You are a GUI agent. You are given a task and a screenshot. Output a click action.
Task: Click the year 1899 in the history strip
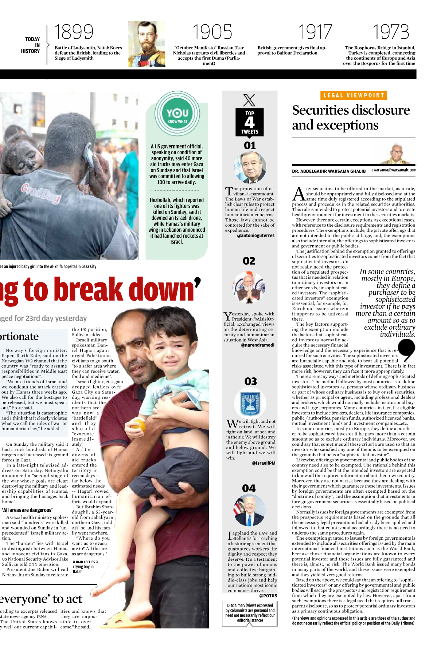pos(74,32)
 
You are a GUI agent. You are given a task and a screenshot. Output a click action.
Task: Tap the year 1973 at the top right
pos(391,32)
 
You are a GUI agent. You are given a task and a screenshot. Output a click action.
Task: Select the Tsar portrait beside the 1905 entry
pos(147,44)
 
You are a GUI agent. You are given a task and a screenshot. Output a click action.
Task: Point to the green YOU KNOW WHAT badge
pos(177,114)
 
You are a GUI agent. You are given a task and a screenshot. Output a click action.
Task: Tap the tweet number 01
pos(250,146)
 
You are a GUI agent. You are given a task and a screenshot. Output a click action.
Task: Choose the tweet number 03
pos(250,381)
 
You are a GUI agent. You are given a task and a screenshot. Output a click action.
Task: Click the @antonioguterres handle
pos(255,236)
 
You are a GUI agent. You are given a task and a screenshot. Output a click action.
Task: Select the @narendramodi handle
pos(257,345)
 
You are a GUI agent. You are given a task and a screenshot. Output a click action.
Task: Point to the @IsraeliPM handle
pos(263,463)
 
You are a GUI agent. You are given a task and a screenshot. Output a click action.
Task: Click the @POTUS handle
pos(268,596)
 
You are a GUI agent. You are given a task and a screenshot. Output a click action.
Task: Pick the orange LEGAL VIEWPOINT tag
pos(354,95)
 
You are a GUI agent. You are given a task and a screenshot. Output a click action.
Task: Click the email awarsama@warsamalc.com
pos(394,170)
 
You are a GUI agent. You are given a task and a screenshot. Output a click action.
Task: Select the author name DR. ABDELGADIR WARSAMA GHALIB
pos(328,171)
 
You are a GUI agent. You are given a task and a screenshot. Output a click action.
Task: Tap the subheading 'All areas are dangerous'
pos(27,510)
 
